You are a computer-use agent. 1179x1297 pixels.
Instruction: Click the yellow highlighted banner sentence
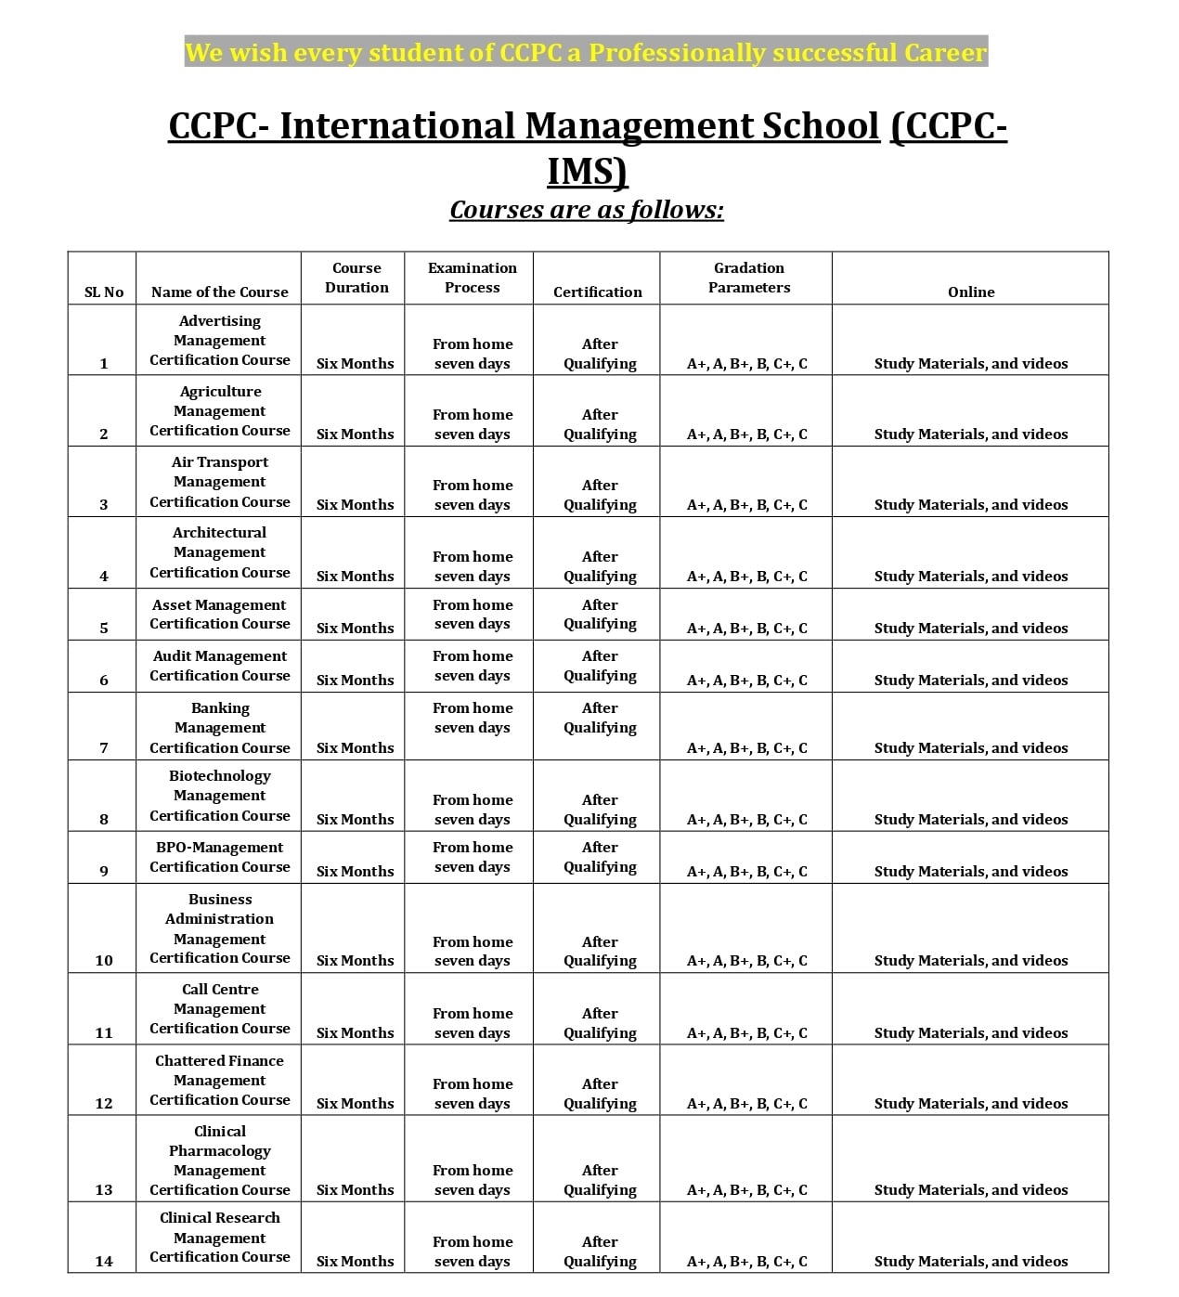coord(586,52)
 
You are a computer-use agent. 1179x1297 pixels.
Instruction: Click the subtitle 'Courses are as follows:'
coord(587,210)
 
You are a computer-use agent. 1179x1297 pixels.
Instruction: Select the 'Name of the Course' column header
coord(219,292)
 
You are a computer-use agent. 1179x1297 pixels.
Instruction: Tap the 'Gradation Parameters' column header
coord(748,278)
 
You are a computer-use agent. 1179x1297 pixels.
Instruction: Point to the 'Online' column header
coord(970,292)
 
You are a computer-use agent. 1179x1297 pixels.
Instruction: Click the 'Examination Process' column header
coord(472,278)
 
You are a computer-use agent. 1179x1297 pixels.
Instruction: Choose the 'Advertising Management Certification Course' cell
coord(219,340)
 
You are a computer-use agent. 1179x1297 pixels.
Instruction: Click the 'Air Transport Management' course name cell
coord(219,482)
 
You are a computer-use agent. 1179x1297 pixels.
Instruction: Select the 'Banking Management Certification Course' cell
coord(219,727)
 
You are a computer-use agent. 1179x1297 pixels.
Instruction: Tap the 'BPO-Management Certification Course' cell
coord(219,857)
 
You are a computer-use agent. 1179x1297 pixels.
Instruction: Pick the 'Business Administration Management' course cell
coord(219,928)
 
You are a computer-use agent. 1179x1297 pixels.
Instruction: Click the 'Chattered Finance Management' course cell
coord(219,1080)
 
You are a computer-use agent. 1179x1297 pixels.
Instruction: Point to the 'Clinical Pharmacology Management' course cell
coord(219,1161)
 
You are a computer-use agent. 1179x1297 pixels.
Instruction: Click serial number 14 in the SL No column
coord(103,1261)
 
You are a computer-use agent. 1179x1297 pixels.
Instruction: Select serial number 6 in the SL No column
coord(103,680)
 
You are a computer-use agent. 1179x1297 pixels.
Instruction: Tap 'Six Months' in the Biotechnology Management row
coord(355,819)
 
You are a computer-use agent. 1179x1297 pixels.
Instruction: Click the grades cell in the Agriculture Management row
coord(746,434)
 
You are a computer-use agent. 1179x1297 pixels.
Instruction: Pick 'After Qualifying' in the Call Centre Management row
coord(600,1022)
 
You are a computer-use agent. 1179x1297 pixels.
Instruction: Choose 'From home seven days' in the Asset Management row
coord(472,614)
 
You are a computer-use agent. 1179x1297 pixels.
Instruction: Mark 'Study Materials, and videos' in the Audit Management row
coord(970,680)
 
